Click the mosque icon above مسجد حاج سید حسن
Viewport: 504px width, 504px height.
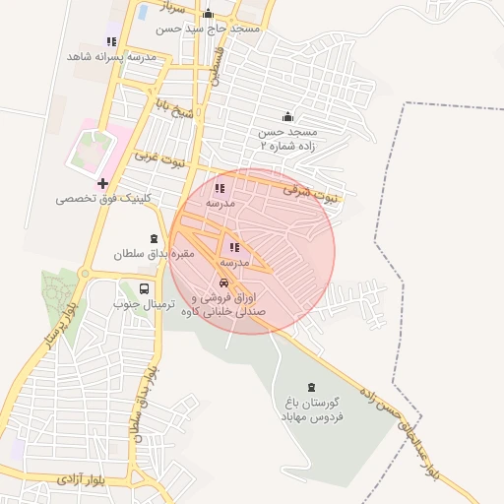click(x=208, y=14)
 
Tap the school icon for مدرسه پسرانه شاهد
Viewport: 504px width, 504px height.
click(x=111, y=41)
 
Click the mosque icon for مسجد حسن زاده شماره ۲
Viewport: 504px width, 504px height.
click(x=287, y=116)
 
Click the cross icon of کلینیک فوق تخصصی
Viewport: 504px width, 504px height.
click(x=102, y=183)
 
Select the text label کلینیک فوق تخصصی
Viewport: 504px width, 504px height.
click(x=91, y=199)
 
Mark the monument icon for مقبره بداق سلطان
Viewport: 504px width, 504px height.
click(x=154, y=239)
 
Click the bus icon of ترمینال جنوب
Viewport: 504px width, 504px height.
click(x=145, y=289)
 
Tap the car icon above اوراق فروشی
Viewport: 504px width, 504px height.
click(x=224, y=283)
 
